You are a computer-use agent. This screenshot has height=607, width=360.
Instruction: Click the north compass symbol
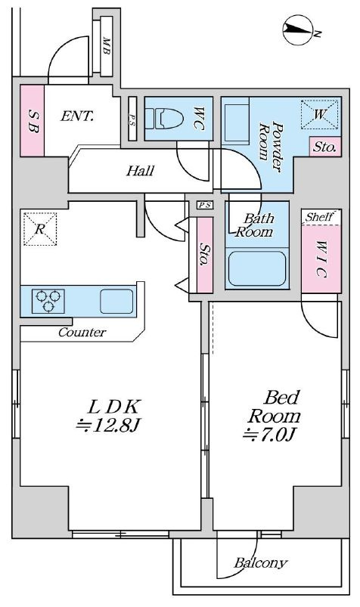click(298, 29)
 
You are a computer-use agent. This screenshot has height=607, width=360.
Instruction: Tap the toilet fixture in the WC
click(164, 119)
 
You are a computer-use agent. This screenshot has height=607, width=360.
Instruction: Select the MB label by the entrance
click(106, 46)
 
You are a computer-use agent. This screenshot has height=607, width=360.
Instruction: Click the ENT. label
click(76, 116)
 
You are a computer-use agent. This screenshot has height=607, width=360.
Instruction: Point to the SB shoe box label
click(33, 120)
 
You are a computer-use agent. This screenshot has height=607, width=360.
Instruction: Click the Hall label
click(140, 171)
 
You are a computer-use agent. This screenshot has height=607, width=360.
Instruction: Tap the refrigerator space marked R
click(40, 228)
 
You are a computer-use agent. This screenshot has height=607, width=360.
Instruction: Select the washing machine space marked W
click(319, 114)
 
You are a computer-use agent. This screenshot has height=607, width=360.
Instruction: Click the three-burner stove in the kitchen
click(48, 301)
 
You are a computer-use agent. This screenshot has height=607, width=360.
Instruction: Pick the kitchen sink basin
click(116, 301)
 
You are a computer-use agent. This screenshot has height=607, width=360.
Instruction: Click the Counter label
click(82, 332)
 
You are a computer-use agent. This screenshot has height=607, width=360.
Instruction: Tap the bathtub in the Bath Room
click(256, 268)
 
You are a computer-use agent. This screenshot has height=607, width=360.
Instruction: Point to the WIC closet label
click(321, 259)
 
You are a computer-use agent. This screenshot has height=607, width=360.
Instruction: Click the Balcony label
click(260, 562)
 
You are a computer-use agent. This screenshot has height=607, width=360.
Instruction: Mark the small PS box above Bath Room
click(205, 205)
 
